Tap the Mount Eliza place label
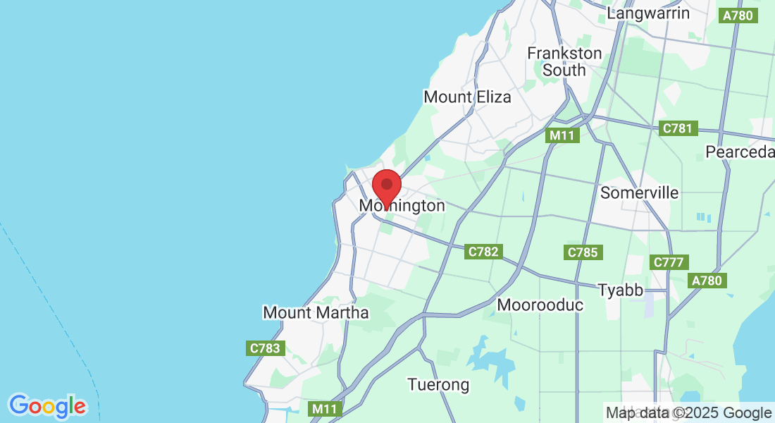[467, 97]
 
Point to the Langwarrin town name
[648, 13]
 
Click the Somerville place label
[639, 192]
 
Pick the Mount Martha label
[316, 312]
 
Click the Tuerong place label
[438, 385]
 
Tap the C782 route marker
[483, 252]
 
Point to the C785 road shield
[582, 252]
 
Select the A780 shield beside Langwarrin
[738, 16]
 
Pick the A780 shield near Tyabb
[707, 281]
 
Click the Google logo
[47, 406]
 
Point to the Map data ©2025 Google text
[689, 413]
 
